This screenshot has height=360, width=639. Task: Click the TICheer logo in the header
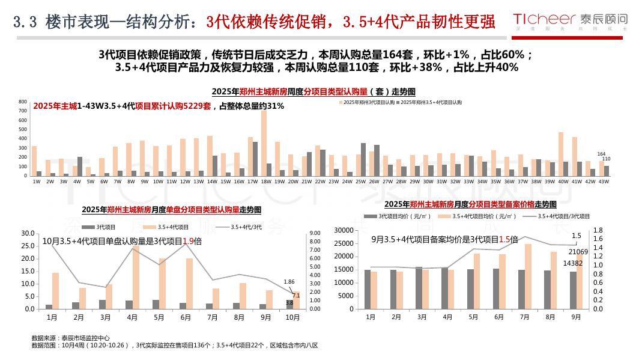point(574,20)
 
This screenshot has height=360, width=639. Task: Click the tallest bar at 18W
point(264,143)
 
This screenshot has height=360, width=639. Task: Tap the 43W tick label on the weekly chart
point(604,181)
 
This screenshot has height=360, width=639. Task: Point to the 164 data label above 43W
point(602,154)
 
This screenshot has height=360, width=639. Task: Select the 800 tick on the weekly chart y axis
point(23,102)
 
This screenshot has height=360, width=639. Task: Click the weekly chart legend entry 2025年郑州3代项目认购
point(368,103)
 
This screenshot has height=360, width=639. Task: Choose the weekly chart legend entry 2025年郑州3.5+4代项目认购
point(431,103)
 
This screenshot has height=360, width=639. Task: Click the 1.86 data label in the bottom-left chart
point(289,281)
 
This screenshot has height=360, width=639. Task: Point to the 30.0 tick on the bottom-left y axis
point(28,233)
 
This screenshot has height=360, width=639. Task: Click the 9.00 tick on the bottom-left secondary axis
point(315,233)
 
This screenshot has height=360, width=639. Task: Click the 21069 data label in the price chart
point(578,252)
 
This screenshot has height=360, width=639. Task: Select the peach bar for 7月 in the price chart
point(528,276)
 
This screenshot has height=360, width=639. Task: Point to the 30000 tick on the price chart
point(343,230)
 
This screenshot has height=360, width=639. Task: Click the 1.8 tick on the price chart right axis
point(598,230)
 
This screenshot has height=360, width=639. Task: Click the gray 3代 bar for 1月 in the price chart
point(368,289)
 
